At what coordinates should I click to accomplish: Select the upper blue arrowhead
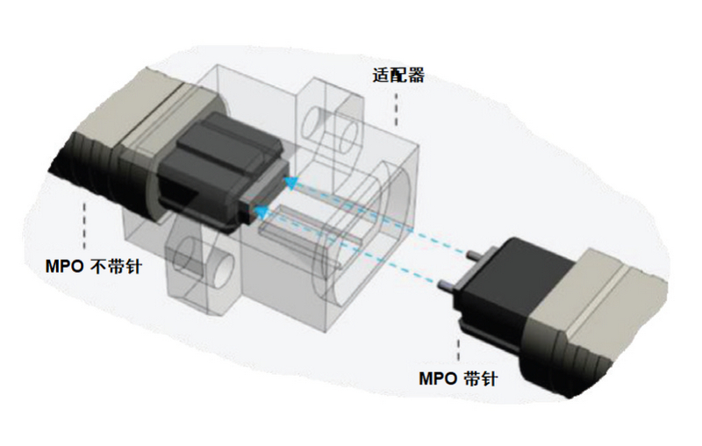tap(290, 183)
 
